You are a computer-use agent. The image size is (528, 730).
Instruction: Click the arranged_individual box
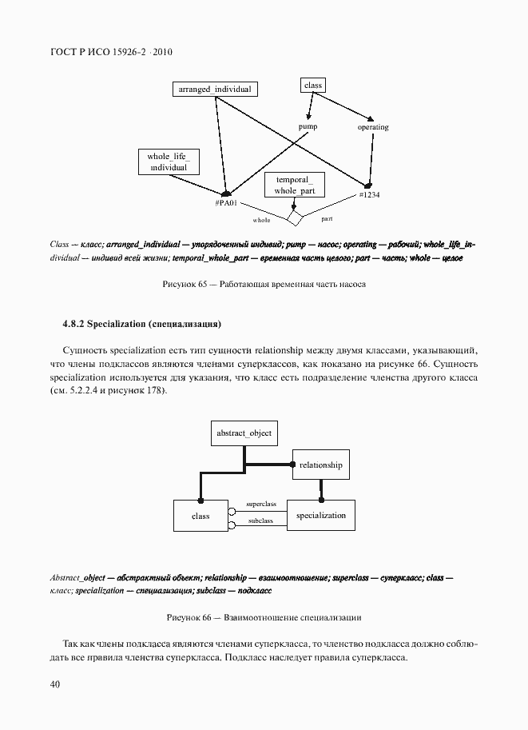(215, 90)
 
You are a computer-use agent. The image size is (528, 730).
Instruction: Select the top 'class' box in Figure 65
(312, 85)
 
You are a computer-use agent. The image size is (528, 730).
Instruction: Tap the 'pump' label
(308, 127)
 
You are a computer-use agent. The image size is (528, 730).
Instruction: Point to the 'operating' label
(373, 127)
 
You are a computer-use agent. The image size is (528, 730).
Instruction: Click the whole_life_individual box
(168, 162)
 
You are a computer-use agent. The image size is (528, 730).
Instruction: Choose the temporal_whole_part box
(296, 186)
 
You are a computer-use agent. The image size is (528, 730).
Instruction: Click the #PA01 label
(226, 204)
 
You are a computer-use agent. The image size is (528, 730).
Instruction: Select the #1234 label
(369, 194)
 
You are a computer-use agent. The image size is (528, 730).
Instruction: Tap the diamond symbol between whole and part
(296, 217)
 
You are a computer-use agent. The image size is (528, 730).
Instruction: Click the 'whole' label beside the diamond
(262, 219)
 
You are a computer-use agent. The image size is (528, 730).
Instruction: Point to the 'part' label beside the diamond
(327, 217)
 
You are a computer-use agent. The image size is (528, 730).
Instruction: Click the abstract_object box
(244, 433)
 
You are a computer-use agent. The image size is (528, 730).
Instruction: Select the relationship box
(321, 465)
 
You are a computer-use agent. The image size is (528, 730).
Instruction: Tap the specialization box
(321, 516)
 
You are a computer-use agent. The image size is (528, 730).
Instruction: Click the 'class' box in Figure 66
(200, 516)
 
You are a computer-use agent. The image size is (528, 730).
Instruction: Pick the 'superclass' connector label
(261, 505)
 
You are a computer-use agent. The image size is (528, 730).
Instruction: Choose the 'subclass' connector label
(260, 521)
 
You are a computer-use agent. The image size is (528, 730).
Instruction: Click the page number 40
(55, 684)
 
